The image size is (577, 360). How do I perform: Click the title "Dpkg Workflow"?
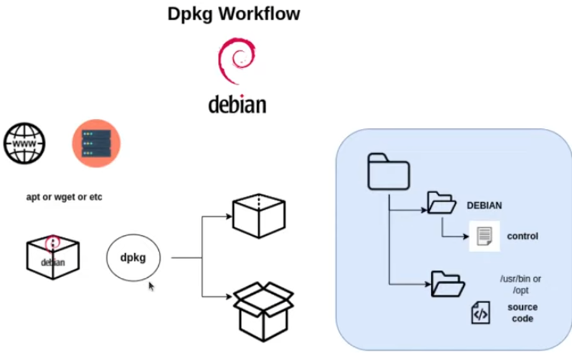pos(233,14)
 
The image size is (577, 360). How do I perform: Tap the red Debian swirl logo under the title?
pos(237,61)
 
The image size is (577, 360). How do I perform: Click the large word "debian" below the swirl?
pos(237,104)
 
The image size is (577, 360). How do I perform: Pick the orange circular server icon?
pos(96,143)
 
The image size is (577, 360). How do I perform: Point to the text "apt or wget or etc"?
pos(64,197)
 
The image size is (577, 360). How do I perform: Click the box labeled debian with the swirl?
pos(53,256)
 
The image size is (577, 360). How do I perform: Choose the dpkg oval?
pos(133,257)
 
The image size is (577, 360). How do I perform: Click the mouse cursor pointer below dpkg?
pos(151,287)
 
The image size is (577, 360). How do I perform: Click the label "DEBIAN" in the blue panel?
pos(484,206)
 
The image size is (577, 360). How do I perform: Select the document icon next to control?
pos(484,237)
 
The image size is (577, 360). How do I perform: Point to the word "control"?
pos(522,237)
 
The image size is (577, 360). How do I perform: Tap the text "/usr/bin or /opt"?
pos(520,284)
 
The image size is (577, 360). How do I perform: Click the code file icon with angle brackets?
pos(480,313)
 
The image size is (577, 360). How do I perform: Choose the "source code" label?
pos(522,313)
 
